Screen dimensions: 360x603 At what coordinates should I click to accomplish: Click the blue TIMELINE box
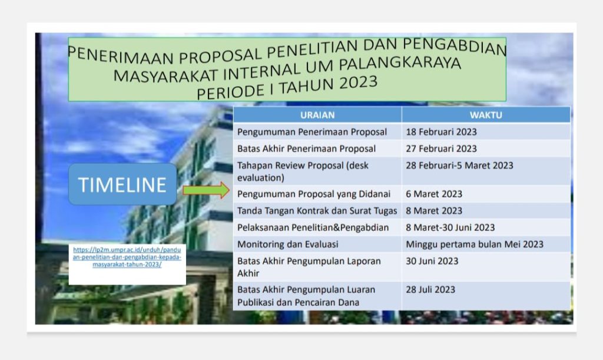[122, 184]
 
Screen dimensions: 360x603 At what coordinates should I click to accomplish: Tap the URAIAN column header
[317, 115]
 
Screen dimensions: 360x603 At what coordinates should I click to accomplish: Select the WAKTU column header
[486, 115]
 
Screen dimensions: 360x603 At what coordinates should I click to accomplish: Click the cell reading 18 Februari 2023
[441, 132]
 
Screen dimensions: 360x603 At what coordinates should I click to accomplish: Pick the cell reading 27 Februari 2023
[441, 148]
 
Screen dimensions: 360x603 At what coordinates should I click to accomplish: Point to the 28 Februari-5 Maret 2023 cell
[459, 166]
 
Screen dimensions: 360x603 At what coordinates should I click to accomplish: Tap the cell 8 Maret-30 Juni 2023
[450, 227]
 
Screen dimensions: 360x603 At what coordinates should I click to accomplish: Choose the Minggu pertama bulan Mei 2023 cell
[475, 244]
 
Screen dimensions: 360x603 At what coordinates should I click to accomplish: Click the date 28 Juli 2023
[430, 289]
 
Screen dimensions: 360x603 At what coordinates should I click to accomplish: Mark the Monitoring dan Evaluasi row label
[287, 244]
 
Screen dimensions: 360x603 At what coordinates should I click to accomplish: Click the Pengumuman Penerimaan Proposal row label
[312, 132]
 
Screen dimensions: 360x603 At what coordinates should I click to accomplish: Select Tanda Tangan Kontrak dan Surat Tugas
[317, 210]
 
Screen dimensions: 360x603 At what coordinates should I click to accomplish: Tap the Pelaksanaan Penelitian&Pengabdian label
[313, 227]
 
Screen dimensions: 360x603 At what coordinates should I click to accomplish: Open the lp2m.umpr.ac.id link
[127, 257]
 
